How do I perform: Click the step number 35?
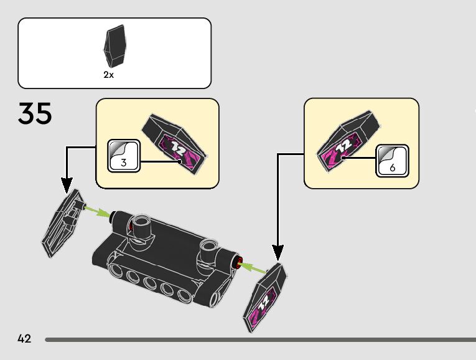coord(35,113)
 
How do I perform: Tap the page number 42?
coord(24,338)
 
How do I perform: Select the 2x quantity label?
coord(109,75)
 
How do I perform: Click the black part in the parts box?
coord(114,46)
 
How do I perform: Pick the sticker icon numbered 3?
coord(124,156)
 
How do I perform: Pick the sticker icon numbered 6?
coord(392,161)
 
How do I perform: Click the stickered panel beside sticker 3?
coord(175,144)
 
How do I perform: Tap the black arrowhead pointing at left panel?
coord(67,185)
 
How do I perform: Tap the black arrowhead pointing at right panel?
coord(278,253)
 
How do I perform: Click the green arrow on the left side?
coord(98,211)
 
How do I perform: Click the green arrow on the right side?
coord(253,268)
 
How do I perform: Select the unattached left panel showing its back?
coord(63,224)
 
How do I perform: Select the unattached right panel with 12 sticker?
coord(264,298)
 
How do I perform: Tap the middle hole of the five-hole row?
coord(151,283)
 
